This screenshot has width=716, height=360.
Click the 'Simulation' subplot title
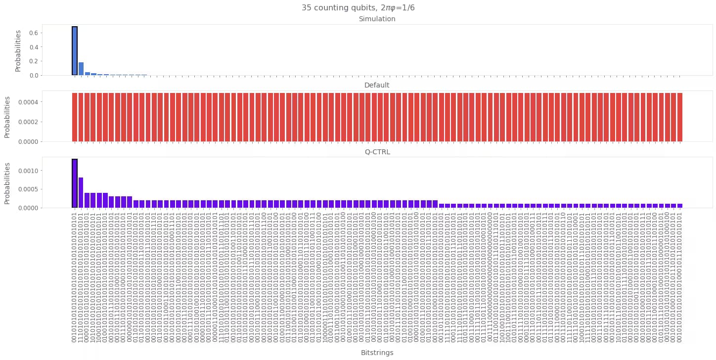(x=377, y=19)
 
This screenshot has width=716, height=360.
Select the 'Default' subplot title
(x=377, y=86)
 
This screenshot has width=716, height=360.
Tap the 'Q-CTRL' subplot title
(x=377, y=152)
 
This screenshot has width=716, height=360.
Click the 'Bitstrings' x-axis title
(x=377, y=353)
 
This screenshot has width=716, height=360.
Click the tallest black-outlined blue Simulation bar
(x=75, y=51)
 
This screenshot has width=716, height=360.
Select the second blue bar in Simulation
(x=81, y=69)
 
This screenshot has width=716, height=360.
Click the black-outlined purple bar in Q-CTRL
(x=75, y=183)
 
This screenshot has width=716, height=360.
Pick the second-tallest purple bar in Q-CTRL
(x=81, y=193)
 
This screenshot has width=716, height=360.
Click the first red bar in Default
(x=75, y=117)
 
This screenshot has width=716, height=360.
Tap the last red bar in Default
(x=680, y=117)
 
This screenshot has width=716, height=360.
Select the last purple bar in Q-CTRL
(x=680, y=205)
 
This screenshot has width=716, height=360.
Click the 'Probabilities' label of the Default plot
(x=7, y=117)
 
